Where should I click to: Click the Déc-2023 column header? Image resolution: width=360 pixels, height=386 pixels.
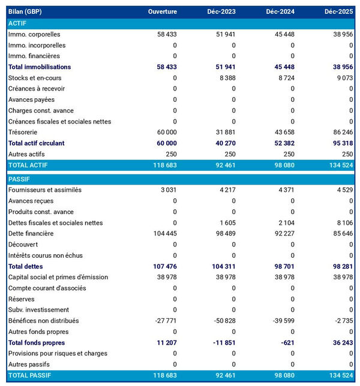[221, 12]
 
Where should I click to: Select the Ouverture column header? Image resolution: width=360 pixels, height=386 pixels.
[163, 12]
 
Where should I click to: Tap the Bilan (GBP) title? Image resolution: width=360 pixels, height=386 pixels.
[25, 12]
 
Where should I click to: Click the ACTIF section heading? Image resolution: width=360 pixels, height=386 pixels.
[18, 23]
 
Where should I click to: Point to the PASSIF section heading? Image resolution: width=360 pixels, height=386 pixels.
[19, 179]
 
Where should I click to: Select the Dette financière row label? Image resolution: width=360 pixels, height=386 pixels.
[31, 234]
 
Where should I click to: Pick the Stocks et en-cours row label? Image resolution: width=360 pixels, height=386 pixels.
[35, 78]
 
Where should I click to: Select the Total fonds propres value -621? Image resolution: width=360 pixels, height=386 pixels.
[285, 343]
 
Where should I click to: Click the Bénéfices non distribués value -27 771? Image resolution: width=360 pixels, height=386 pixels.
[164, 321]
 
